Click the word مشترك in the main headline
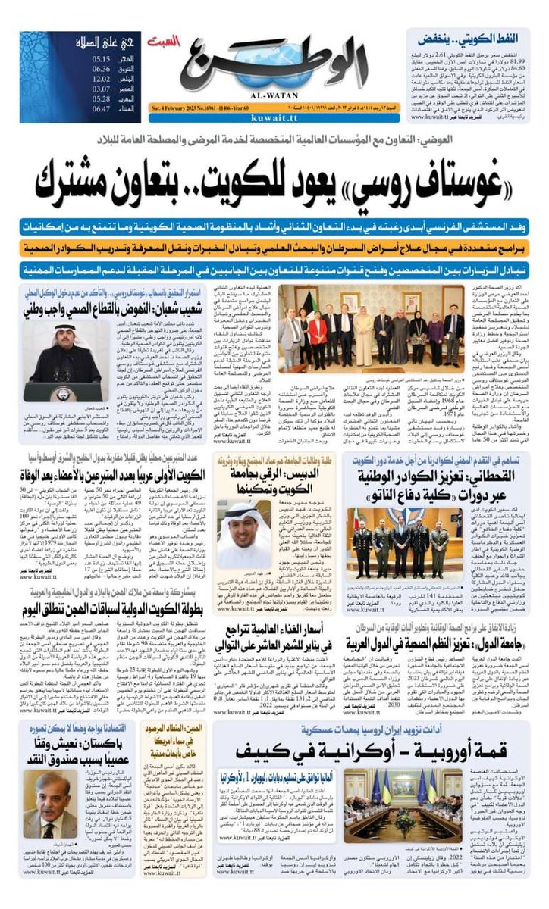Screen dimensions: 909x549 click(x=133, y=182)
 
